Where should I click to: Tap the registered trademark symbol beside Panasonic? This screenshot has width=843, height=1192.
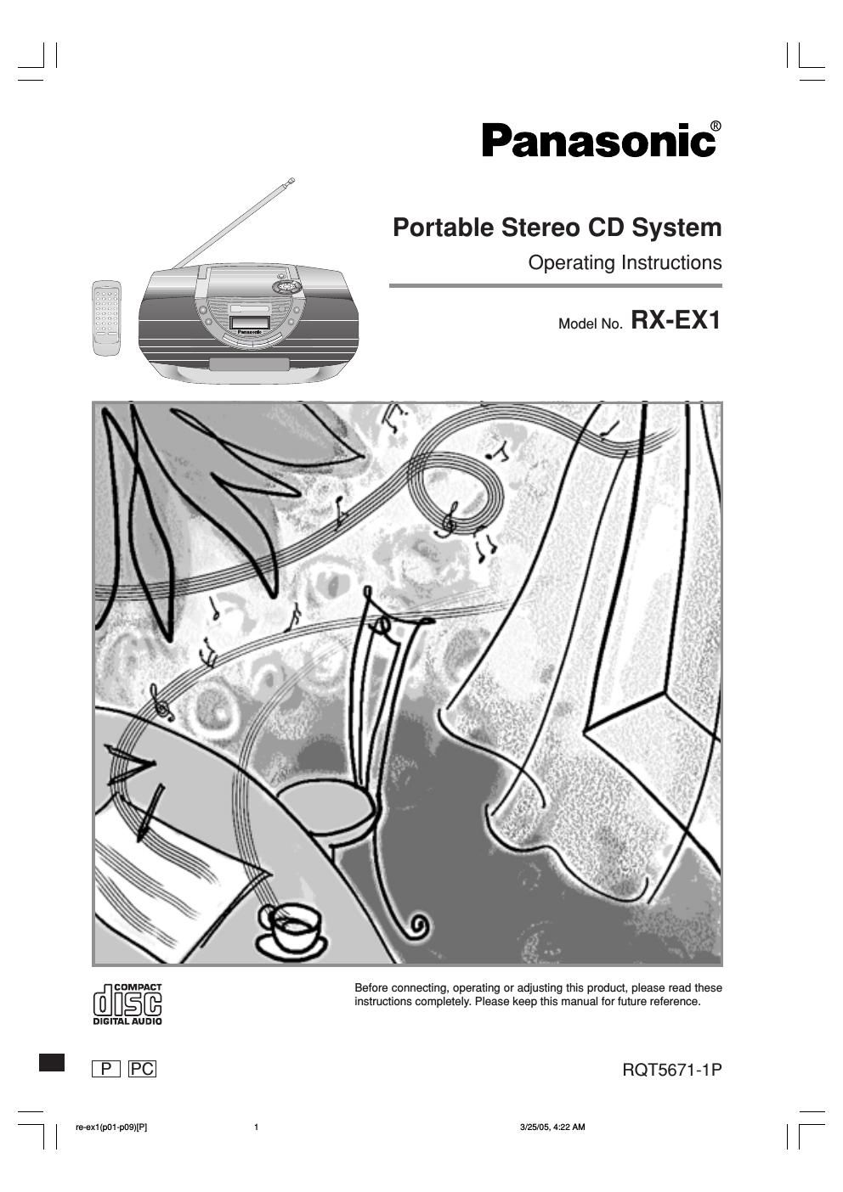point(716,126)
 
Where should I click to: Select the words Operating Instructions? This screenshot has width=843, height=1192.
point(625,262)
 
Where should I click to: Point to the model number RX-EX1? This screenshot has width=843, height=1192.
point(676,321)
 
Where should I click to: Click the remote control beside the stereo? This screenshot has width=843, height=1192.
point(106,318)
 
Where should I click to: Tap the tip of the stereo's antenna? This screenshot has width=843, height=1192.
point(291,180)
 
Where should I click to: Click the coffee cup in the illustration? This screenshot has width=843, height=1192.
point(291,925)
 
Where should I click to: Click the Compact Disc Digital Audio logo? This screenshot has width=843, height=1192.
point(127,1004)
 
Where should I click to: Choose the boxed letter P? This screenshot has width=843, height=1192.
point(106,1069)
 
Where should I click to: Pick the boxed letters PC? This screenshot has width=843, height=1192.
point(142,1069)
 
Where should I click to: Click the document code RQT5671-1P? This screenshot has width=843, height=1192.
point(671,1069)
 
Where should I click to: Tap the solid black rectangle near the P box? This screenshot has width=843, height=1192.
point(52,1062)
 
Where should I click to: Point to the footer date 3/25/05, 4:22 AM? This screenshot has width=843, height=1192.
point(552,1127)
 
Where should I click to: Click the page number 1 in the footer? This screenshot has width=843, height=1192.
point(256,1127)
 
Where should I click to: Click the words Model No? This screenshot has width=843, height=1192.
point(591,324)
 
